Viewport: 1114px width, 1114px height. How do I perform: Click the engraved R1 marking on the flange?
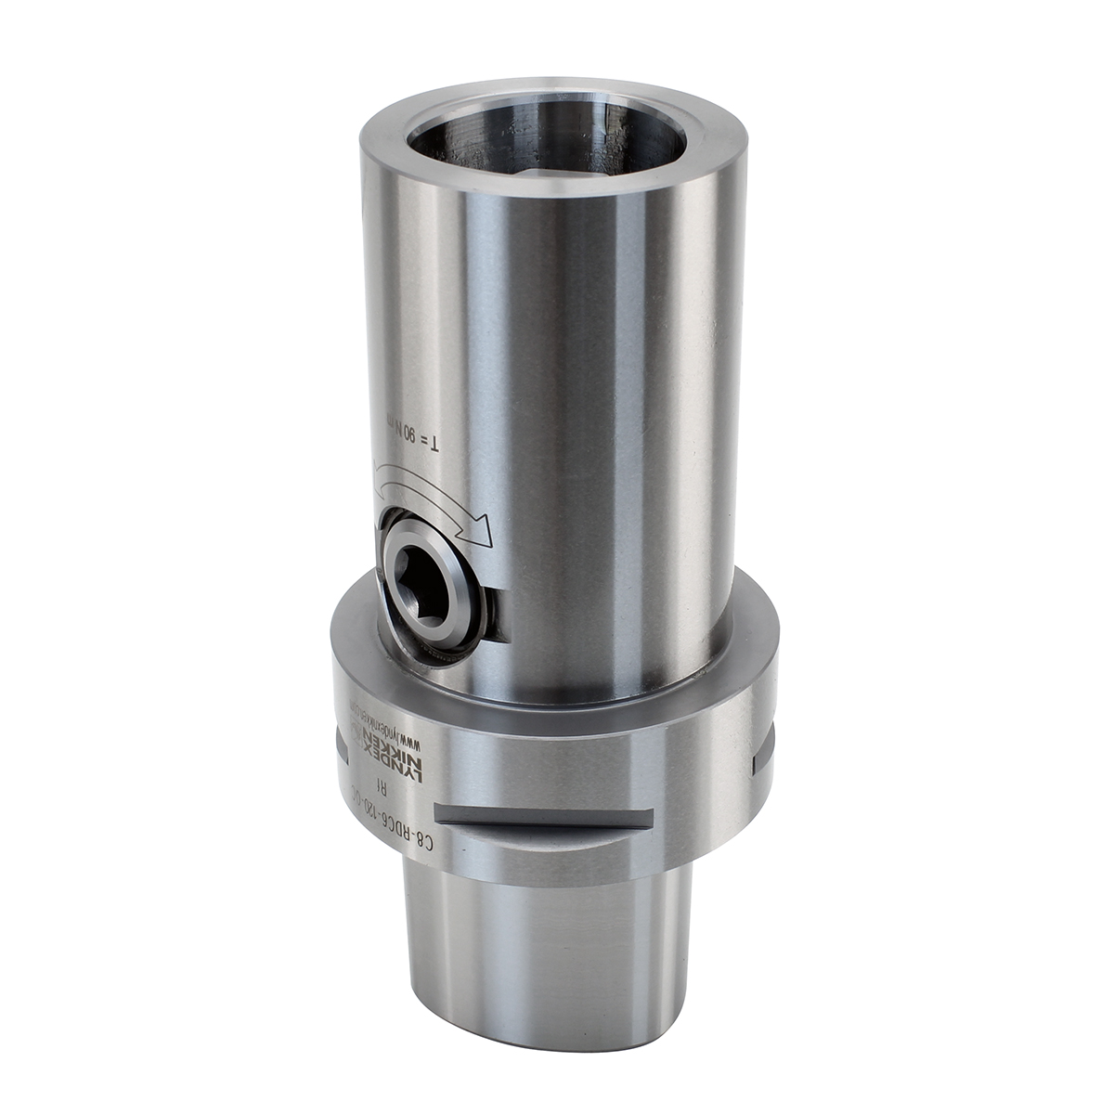pyautogui.click(x=386, y=785)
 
